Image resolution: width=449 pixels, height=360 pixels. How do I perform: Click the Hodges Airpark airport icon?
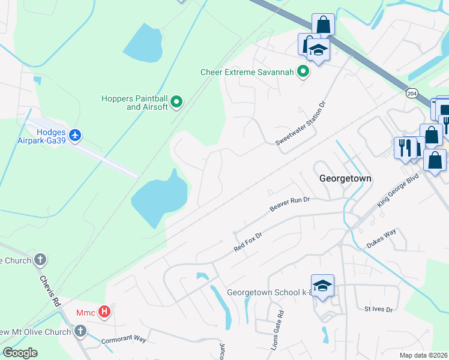point(75,136)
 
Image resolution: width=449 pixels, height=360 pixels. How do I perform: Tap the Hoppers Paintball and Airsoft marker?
point(176,103)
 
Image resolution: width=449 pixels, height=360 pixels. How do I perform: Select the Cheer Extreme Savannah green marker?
point(303,73)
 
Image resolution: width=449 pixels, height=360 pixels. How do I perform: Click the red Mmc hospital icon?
point(104,312)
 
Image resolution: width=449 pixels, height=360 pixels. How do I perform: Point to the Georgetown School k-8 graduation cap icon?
point(322,286)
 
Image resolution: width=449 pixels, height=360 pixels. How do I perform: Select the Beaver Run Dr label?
point(289,204)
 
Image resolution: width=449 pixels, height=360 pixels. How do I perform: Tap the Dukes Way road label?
point(381,238)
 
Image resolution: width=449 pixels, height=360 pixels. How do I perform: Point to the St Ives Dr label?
point(378,310)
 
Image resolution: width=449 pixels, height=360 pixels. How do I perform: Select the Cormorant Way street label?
point(124,339)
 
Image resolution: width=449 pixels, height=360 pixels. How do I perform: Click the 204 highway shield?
point(411,94)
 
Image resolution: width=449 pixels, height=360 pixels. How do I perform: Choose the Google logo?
point(20,353)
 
